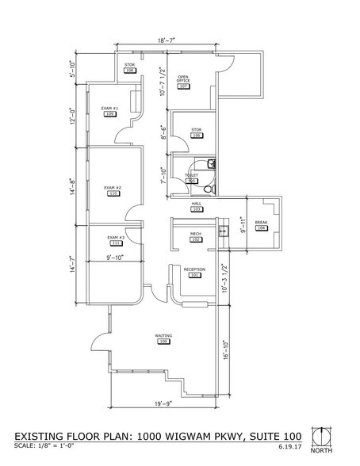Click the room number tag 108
point(129,71)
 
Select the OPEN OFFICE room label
point(183,81)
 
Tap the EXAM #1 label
point(109,108)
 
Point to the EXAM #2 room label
point(113,187)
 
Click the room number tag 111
point(114,243)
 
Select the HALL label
point(196,203)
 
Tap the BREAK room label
point(262,223)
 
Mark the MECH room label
point(195,233)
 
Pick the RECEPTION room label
point(194,269)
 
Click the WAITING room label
point(163,336)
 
